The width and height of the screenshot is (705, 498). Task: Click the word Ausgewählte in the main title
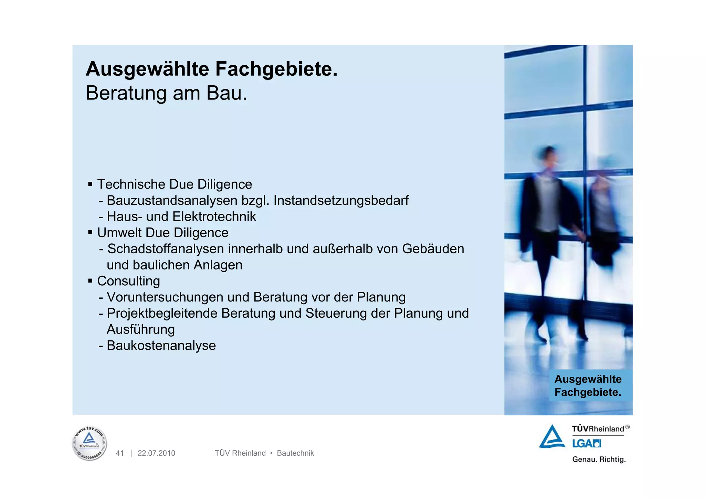click(x=147, y=69)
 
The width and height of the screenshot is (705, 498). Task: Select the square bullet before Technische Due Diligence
click(x=90, y=184)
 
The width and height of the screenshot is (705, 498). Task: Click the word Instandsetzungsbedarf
click(x=341, y=201)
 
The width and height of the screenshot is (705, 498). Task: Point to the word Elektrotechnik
click(x=214, y=217)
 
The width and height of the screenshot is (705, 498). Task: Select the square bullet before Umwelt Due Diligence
click(x=90, y=233)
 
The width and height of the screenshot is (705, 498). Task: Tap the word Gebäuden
click(x=433, y=249)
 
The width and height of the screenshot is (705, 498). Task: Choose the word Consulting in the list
click(x=128, y=281)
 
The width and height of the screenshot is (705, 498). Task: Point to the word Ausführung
click(x=141, y=330)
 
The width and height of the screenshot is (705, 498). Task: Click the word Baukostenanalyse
click(x=161, y=346)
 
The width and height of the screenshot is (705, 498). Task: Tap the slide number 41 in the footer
click(x=120, y=453)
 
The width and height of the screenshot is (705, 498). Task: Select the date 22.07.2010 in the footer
click(x=156, y=453)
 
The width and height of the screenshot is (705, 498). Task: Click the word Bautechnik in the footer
click(x=295, y=453)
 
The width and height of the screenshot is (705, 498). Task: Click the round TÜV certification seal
click(x=90, y=444)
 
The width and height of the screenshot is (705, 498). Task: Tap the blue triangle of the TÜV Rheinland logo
click(x=552, y=437)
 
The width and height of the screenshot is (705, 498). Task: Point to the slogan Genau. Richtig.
click(x=599, y=459)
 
